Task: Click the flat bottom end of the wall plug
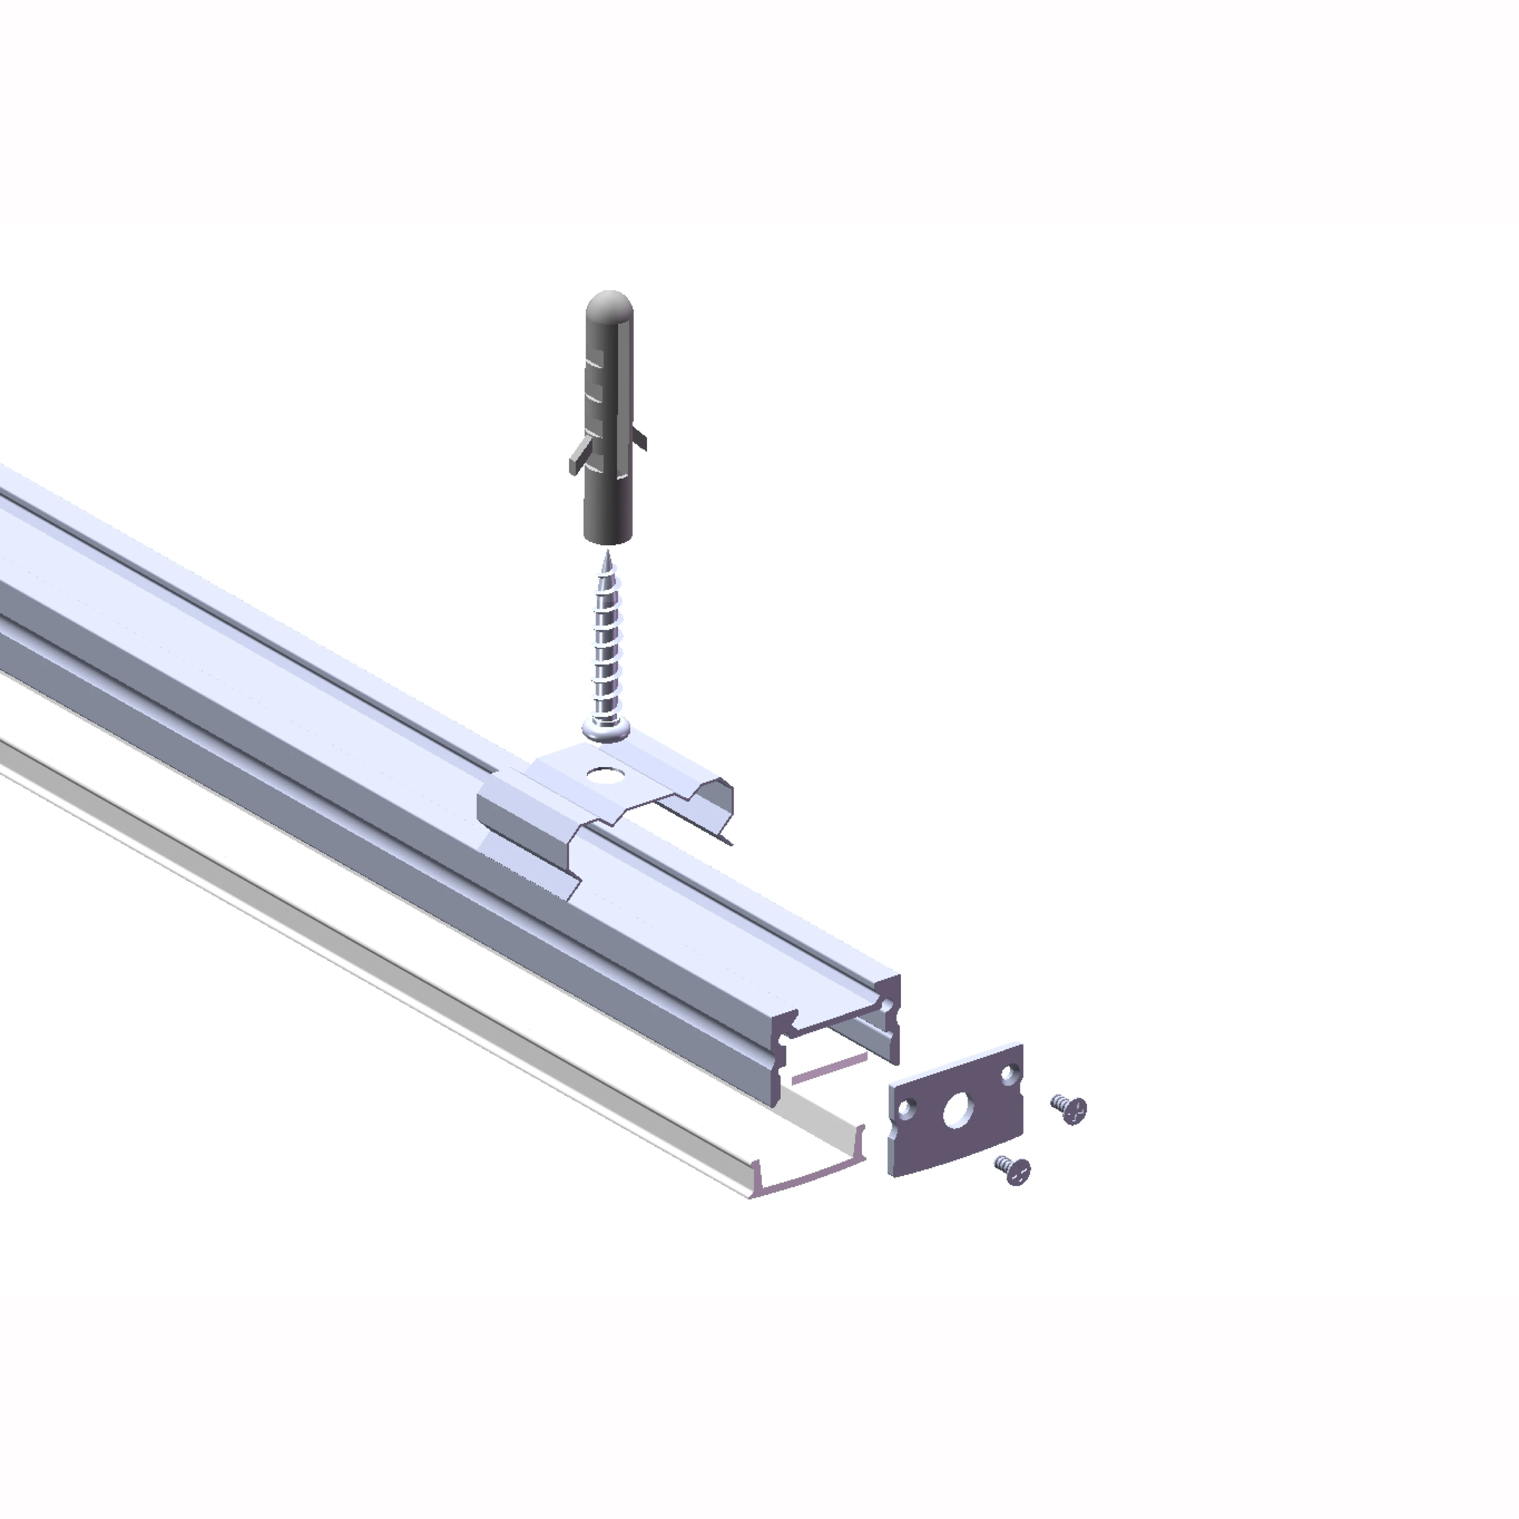point(608,538)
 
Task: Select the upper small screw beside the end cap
point(1071,1108)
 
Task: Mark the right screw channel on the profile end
point(887,1006)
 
